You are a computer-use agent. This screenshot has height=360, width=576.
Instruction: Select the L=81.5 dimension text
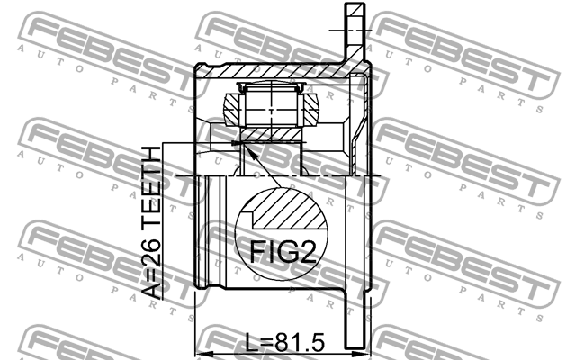(283, 344)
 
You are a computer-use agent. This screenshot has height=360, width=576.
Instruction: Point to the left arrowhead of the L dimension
(202, 352)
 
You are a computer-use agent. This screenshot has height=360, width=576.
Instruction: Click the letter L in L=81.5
(249, 344)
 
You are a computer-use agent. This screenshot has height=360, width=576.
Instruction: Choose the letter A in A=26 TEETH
(153, 289)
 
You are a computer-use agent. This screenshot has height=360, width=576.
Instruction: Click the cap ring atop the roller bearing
(272, 87)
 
